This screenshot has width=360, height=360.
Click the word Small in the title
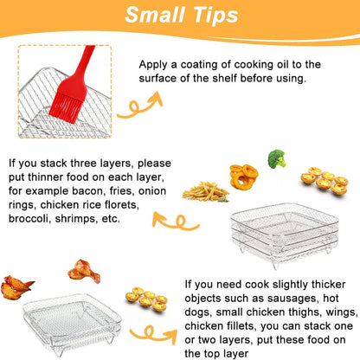(151, 16)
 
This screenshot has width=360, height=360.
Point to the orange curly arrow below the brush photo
(139, 107)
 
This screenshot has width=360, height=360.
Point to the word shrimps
(93, 218)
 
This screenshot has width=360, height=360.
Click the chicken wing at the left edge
(16, 285)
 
